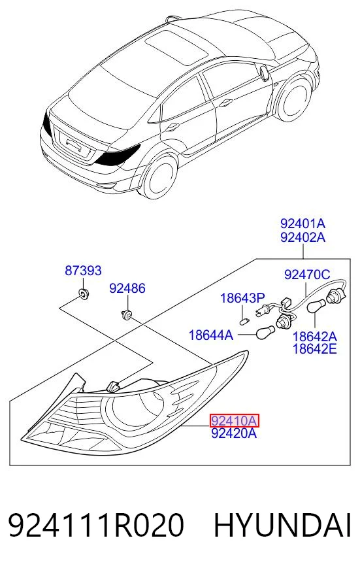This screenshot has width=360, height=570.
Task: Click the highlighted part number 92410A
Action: [235, 420]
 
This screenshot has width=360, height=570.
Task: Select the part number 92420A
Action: [234, 433]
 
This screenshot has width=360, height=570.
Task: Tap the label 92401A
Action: [303, 223]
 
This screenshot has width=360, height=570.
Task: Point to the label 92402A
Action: [303, 237]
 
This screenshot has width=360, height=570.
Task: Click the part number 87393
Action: [83, 271]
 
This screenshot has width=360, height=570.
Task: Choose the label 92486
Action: [127, 288]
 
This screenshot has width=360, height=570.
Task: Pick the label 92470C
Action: [307, 275]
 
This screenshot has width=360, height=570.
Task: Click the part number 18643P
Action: [242, 299]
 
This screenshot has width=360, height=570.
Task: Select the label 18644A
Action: [211, 335]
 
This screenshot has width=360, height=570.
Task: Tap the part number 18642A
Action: [314, 337]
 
